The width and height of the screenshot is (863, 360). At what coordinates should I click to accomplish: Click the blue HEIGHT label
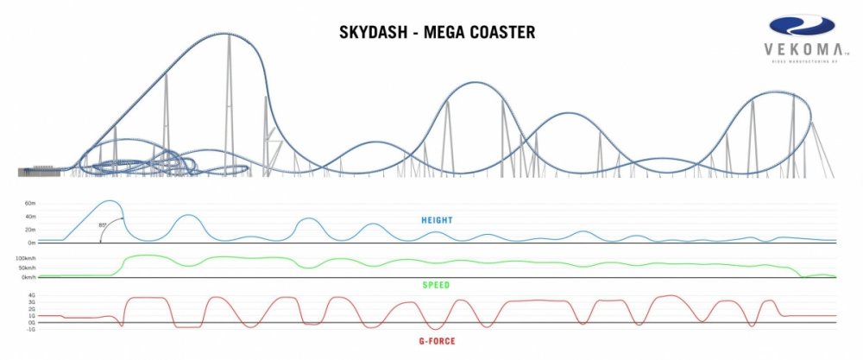(x=437, y=220)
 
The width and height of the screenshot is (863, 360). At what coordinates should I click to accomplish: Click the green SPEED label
(x=436, y=284)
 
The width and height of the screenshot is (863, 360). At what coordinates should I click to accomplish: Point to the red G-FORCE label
(x=436, y=341)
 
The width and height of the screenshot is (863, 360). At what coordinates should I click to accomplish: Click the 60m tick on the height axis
(x=30, y=205)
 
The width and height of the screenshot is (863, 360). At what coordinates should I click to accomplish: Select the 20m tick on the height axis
(x=30, y=230)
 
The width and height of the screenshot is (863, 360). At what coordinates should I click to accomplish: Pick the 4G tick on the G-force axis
(x=32, y=295)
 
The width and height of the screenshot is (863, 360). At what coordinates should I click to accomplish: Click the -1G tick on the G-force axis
(x=31, y=330)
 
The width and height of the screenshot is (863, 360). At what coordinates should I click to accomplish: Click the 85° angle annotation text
(x=104, y=224)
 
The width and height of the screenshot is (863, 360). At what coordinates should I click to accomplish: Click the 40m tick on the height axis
(x=30, y=217)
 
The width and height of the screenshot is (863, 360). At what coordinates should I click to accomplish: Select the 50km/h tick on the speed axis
(x=26, y=268)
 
